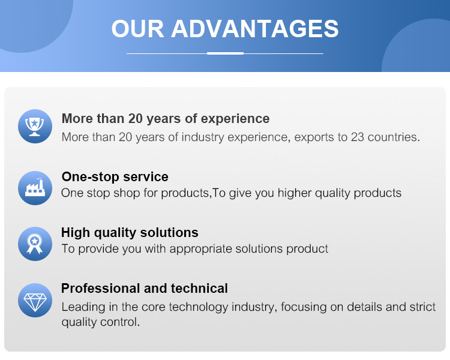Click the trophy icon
[x=35, y=127]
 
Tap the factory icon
[x=35, y=188]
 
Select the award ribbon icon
[x=35, y=244]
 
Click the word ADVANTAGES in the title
[x=255, y=29]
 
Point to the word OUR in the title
[x=137, y=29]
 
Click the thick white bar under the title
[x=225, y=53]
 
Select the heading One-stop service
[x=115, y=177]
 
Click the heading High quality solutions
[x=130, y=233]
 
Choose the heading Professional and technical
[x=145, y=288]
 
